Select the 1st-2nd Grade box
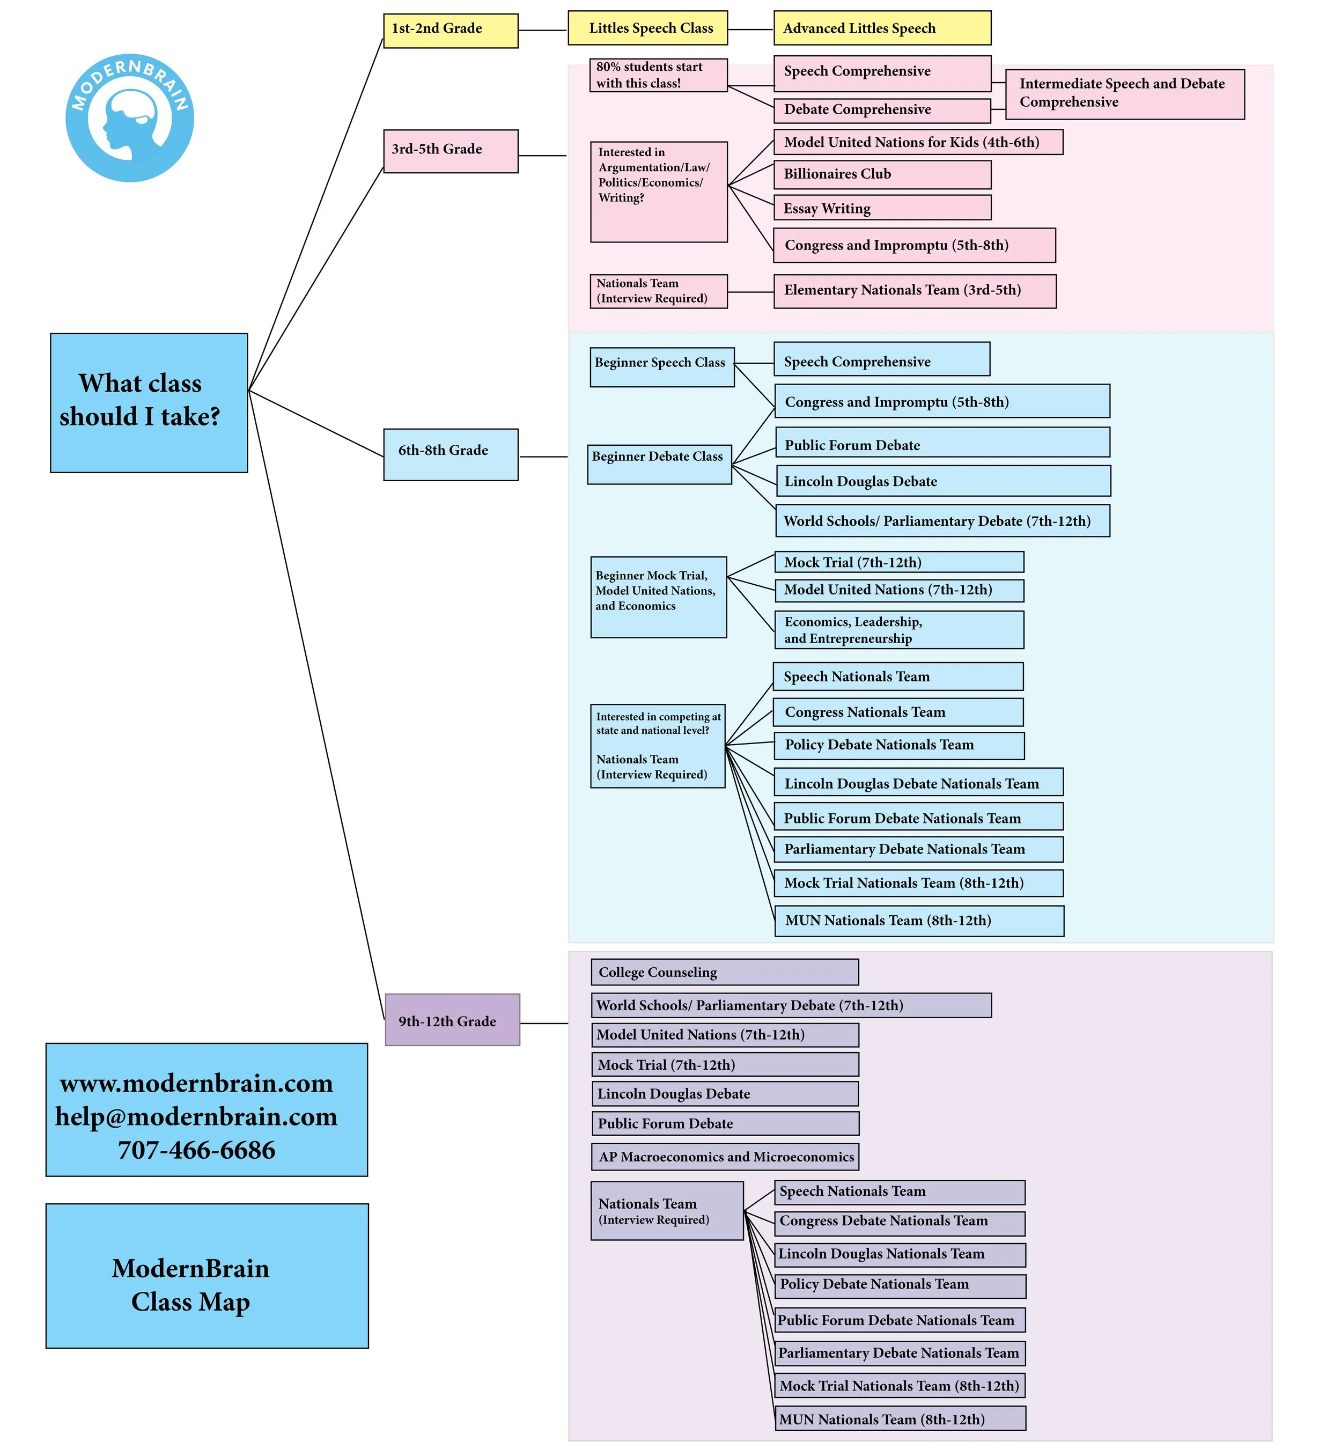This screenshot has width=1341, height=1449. point(451,31)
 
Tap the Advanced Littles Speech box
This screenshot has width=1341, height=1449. point(882,28)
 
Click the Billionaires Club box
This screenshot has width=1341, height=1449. point(882,175)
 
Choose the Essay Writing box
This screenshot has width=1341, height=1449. point(882,208)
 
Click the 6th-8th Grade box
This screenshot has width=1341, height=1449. point(451,454)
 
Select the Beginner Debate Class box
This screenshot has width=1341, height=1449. point(660,465)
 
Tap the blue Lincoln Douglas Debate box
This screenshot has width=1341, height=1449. point(944,481)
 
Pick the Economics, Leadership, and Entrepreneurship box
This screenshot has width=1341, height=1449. point(900,630)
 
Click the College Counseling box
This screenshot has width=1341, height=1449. point(725,972)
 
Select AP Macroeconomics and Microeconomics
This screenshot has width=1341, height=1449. point(725,1157)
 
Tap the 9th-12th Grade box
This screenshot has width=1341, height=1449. point(452,1019)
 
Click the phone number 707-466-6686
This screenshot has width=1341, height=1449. point(197,1150)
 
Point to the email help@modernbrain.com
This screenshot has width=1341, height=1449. point(197,1117)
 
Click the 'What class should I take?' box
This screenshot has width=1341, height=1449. point(149,403)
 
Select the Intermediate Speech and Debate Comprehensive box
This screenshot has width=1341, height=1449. point(1125,94)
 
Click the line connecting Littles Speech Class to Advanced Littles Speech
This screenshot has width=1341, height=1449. point(751,30)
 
